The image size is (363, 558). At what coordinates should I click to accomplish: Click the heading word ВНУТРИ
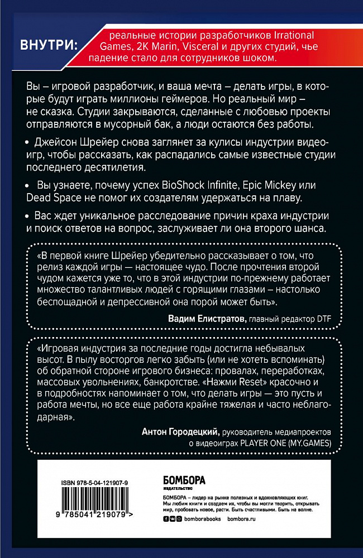coord(49,44)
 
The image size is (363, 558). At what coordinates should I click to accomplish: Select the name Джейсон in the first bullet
coord(58,143)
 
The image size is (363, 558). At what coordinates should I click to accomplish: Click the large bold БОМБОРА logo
coord(184,479)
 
